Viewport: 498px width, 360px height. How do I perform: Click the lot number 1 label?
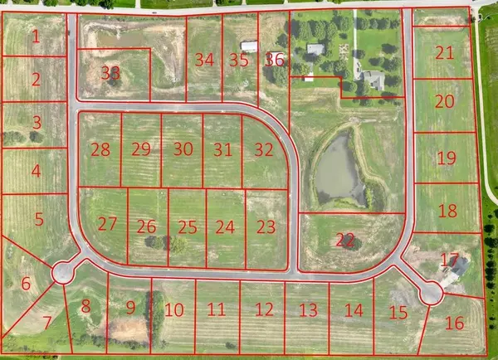click(x=36, y=36)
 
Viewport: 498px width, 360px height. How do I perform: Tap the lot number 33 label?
click(x=110, y=72)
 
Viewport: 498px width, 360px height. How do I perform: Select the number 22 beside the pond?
click(x=345, y=239)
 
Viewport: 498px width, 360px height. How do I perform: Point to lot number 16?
click(x=454, y=324)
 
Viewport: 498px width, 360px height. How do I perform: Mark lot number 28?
click(x=100, y=150)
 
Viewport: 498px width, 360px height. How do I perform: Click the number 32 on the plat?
click(x=264, y=150)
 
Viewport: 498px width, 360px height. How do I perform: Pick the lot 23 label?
click(x=266, y=226)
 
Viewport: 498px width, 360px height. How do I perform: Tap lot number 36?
click(x=275, y=60)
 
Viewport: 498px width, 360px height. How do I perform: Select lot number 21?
click(x=445, y=53)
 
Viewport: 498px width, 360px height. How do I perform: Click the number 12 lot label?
click(x=264, y=310)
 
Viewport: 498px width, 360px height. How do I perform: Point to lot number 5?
click(x=38, y=220)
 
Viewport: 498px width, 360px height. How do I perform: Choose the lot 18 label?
click(x=447, y=211)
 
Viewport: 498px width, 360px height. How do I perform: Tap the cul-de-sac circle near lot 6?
click(x=62, y=272)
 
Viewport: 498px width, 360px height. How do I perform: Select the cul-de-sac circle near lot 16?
click(x=430, y=292)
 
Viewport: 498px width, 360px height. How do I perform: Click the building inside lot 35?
click(x=248, y=46)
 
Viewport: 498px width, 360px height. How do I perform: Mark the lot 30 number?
click(x=183, y=149)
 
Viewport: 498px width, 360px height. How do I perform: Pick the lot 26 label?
click(x=147, y=226)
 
